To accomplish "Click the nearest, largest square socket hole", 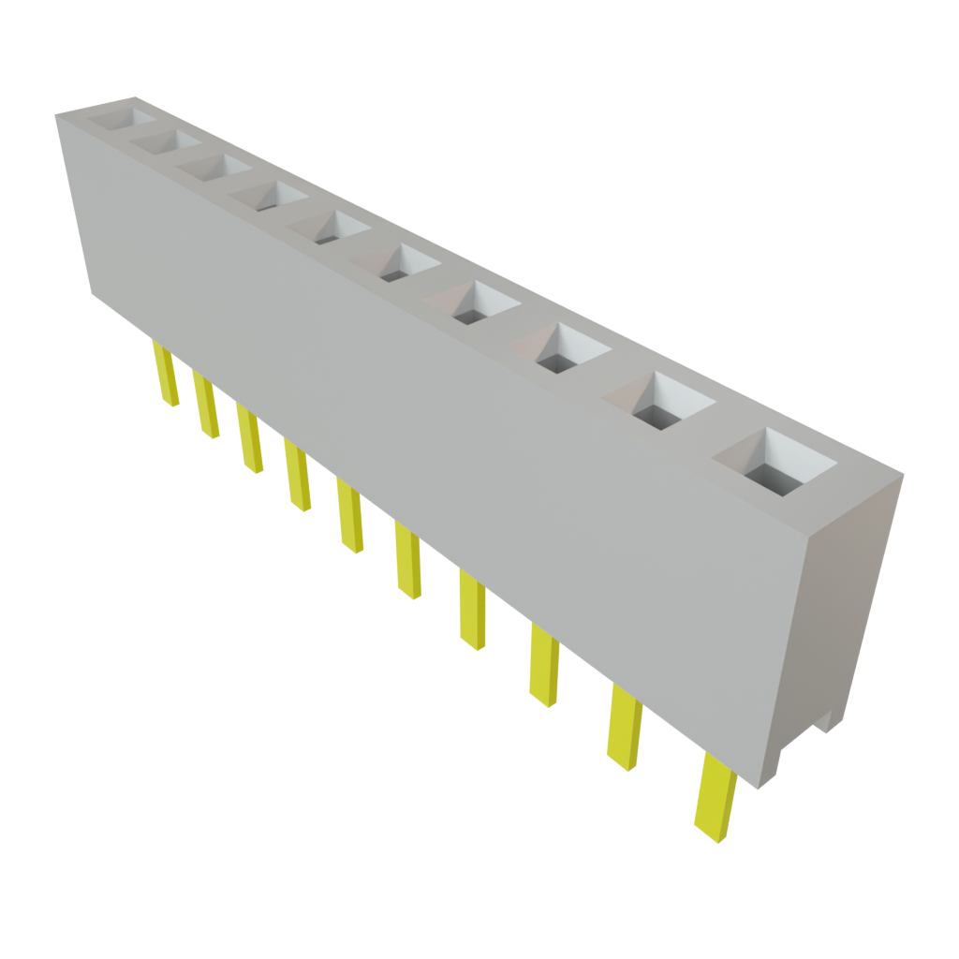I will click(775, 465).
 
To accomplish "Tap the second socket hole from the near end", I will click(659, 401).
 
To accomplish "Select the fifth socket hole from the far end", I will click(332, 228).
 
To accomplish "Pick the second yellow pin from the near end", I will click(625, 726).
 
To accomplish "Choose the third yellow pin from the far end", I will click(249, 436).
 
